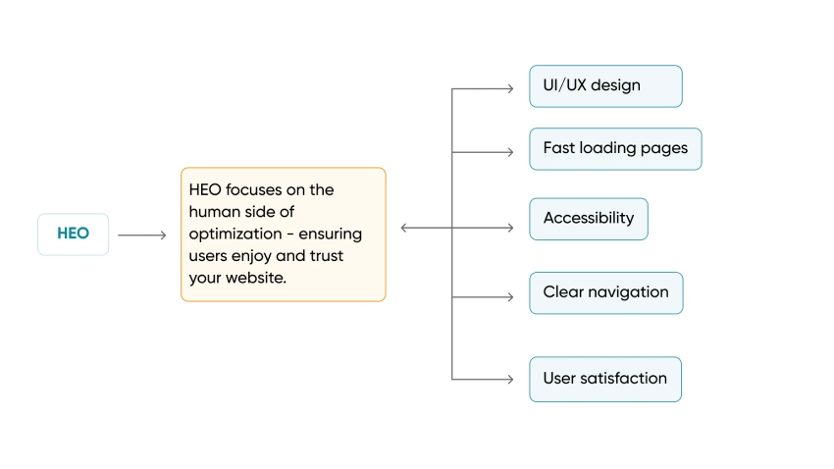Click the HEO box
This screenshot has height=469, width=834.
(x=74, y=234)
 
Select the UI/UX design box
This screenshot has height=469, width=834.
(x=605, y=86)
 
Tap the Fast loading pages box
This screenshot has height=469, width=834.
(x=615, y=149)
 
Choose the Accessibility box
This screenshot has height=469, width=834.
(x=589, y=219)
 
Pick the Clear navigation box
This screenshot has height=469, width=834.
(x=605, y=292)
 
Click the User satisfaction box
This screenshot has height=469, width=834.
(x=604, y=379)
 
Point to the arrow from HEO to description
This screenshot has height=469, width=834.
(x=142, y=235)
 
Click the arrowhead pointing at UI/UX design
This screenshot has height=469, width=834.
(x=509, y=88)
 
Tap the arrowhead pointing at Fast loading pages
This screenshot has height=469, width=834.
(x=509, y=152)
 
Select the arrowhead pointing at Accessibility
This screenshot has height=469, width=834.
(x=509, y=228)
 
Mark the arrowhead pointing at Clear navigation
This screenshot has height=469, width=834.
(x=509, y=296)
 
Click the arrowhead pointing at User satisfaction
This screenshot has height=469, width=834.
(x=509, y=379)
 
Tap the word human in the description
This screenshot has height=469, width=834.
(x=213, y=211)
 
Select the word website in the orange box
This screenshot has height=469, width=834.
(x=257, y=279)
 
